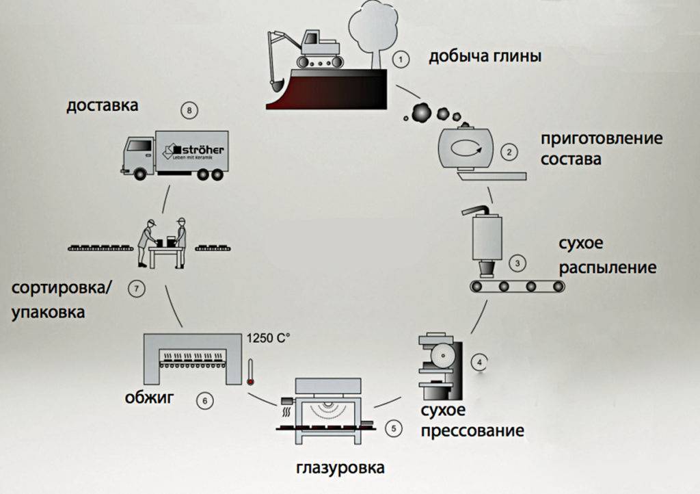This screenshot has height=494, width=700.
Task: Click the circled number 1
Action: click(402, 59)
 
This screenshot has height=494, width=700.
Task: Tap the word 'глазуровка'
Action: click(340, 469)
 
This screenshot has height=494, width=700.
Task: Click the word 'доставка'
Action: click(103, 105)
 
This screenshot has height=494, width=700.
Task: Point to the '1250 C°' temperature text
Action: click(267, 337)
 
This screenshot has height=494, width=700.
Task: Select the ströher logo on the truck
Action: click(189, 150)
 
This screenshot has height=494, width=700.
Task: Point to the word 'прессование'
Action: click(472, 431)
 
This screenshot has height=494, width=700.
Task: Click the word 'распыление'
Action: click(608, 266)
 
